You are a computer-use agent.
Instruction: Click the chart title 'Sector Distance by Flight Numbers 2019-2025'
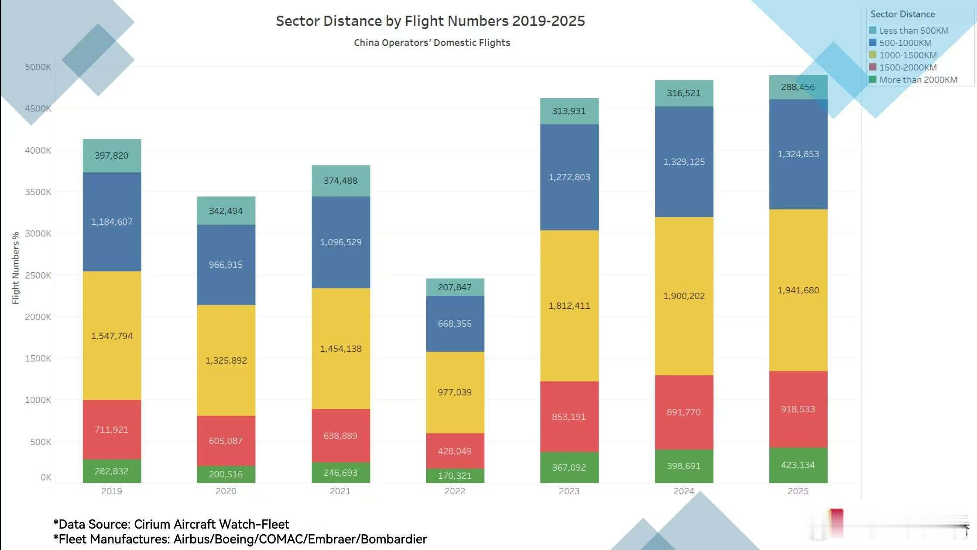coord(430,21)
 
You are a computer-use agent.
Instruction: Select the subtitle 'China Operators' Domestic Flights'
coord(432,43)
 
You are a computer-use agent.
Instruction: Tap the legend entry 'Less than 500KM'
coord(913,31)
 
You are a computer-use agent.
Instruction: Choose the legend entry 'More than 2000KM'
coord(918,80)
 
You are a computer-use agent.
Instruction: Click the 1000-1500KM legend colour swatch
coord(873,55)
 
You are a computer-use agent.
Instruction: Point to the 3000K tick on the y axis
coord(38,234)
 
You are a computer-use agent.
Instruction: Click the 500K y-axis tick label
coord(40,442)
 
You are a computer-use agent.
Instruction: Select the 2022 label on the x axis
coord(455,491)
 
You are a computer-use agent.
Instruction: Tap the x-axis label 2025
coord(798,491)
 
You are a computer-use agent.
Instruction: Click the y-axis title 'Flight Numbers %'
coord(16,268)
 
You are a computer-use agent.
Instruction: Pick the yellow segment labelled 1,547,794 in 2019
coord(112,336)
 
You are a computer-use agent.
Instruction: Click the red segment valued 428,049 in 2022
coord(455,451)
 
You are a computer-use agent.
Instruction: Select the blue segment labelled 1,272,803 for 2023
coord(569,177)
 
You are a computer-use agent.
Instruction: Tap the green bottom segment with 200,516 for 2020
coord(226,474)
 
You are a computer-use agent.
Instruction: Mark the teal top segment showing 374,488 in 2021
coord(340,181)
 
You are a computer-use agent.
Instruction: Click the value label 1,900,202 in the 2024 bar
coord(684,296)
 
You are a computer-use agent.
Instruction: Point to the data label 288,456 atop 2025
coord(798,87)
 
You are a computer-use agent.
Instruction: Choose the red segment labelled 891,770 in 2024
coord(684,412)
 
